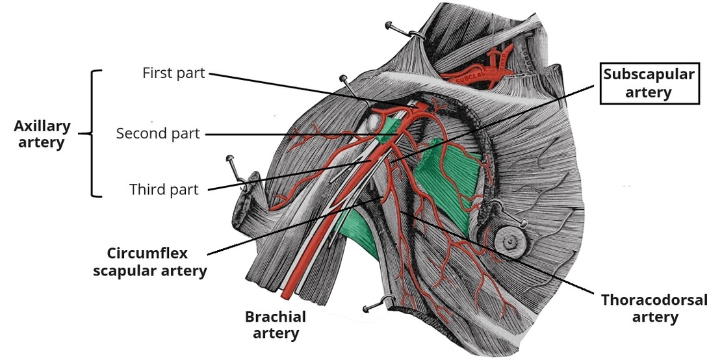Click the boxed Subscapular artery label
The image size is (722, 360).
pos(649,83)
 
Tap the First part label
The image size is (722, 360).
pos(174,73)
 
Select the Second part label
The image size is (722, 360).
pos(158,134)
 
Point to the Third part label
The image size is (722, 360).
pos(164,190)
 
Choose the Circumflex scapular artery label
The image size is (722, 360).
pos(150,262)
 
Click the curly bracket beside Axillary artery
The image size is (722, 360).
pos(95,134)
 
